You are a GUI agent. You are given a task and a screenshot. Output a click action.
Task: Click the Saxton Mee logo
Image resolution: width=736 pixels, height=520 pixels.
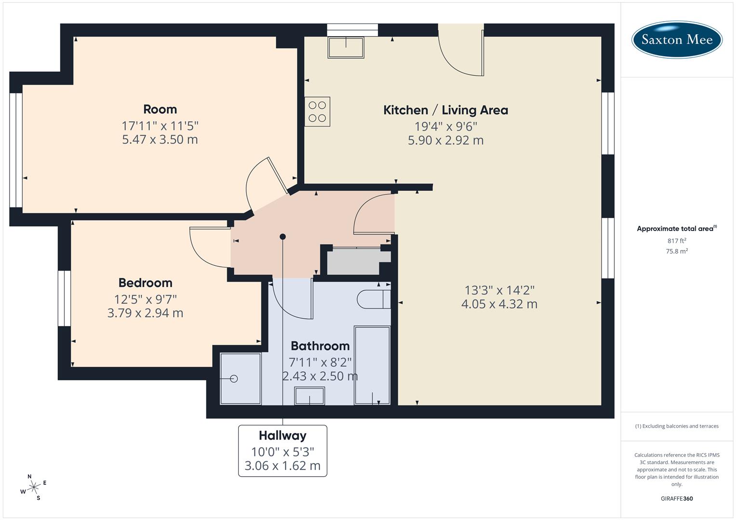point(677,39)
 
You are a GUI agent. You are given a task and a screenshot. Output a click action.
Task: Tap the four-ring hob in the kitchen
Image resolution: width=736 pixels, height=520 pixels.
point(317,112)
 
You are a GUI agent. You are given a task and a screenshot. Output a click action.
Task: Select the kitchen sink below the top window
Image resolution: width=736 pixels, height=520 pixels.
point(346,48)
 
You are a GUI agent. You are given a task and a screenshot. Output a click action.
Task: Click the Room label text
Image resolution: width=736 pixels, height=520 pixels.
point(160,109)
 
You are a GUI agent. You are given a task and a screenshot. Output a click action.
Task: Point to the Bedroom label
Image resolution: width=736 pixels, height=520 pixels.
point(145,283)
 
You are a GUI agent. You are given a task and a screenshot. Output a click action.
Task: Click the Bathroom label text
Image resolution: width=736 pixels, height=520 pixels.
point(320,346)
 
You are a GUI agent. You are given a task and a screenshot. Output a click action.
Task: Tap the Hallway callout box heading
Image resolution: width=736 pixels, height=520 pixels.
point(282,436)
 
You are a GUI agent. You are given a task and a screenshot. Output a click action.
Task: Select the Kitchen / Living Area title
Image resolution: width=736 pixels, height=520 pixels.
point(445,110)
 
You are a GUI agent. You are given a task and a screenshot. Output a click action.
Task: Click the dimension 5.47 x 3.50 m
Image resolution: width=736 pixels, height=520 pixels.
point(160,140)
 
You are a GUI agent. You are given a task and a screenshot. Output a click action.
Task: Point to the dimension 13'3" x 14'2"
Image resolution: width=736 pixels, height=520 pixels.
point(499,290)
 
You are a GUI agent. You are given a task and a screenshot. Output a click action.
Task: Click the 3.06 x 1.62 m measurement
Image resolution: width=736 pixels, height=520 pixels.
point(282,466)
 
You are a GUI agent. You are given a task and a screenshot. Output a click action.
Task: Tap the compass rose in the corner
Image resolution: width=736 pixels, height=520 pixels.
point(33,487)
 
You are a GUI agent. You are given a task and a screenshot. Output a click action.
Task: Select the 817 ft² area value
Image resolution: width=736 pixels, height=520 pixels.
point(676,241)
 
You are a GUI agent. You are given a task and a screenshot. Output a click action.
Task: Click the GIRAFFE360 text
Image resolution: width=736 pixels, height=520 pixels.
point(676,498)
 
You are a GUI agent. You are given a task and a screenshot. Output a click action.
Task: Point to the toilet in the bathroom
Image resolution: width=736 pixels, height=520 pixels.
point(374,299)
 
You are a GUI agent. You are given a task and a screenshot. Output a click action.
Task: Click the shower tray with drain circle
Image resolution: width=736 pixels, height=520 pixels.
point(240,379)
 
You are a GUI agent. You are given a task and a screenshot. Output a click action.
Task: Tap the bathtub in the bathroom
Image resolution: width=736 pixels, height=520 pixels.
point(372,365)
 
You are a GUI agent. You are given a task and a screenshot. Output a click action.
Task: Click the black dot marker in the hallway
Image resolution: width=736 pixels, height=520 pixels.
point(283,236)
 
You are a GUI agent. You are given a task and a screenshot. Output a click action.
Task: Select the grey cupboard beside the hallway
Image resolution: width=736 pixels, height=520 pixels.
point(357,261)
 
